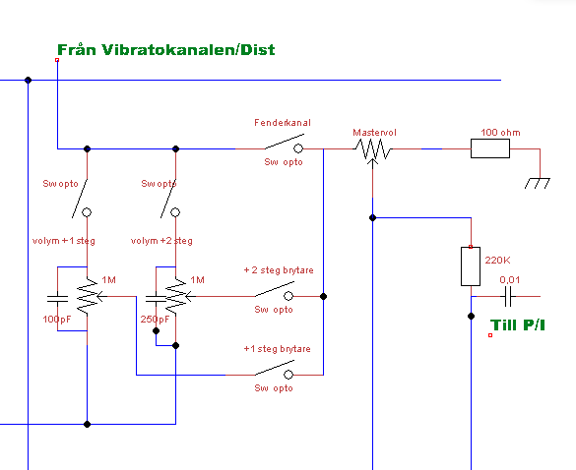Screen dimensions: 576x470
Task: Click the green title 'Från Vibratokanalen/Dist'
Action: [166, 50]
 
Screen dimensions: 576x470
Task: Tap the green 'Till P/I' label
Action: [518, 325]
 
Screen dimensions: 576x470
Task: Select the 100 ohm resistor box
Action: [490, 148]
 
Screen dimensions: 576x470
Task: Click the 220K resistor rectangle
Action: [471, 266]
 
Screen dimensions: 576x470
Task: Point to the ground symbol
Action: [537, 183]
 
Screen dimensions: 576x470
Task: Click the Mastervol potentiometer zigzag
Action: [372, 149]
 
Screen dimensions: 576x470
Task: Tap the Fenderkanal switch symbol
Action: [285, 144]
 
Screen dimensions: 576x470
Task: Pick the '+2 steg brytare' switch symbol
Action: [275, 291]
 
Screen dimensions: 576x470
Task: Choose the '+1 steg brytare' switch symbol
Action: [275, 370]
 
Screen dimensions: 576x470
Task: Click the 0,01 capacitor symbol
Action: [508, 297]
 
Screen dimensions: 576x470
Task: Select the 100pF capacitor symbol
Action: [58, 299]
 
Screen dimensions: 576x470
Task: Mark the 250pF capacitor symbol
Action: [157, 299]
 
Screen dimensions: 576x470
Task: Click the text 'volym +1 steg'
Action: [64, 241]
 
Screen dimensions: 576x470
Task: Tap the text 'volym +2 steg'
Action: [161, 241]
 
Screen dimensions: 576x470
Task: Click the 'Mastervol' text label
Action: [374, 133]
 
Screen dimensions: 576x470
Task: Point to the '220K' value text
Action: [497, 261]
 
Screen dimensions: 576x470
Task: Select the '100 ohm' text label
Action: [500, 132]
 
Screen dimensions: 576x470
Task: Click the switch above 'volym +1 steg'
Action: [82, 199]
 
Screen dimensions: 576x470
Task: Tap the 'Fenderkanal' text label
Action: [283, 123]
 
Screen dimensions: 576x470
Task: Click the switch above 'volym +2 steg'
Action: [170, 199]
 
